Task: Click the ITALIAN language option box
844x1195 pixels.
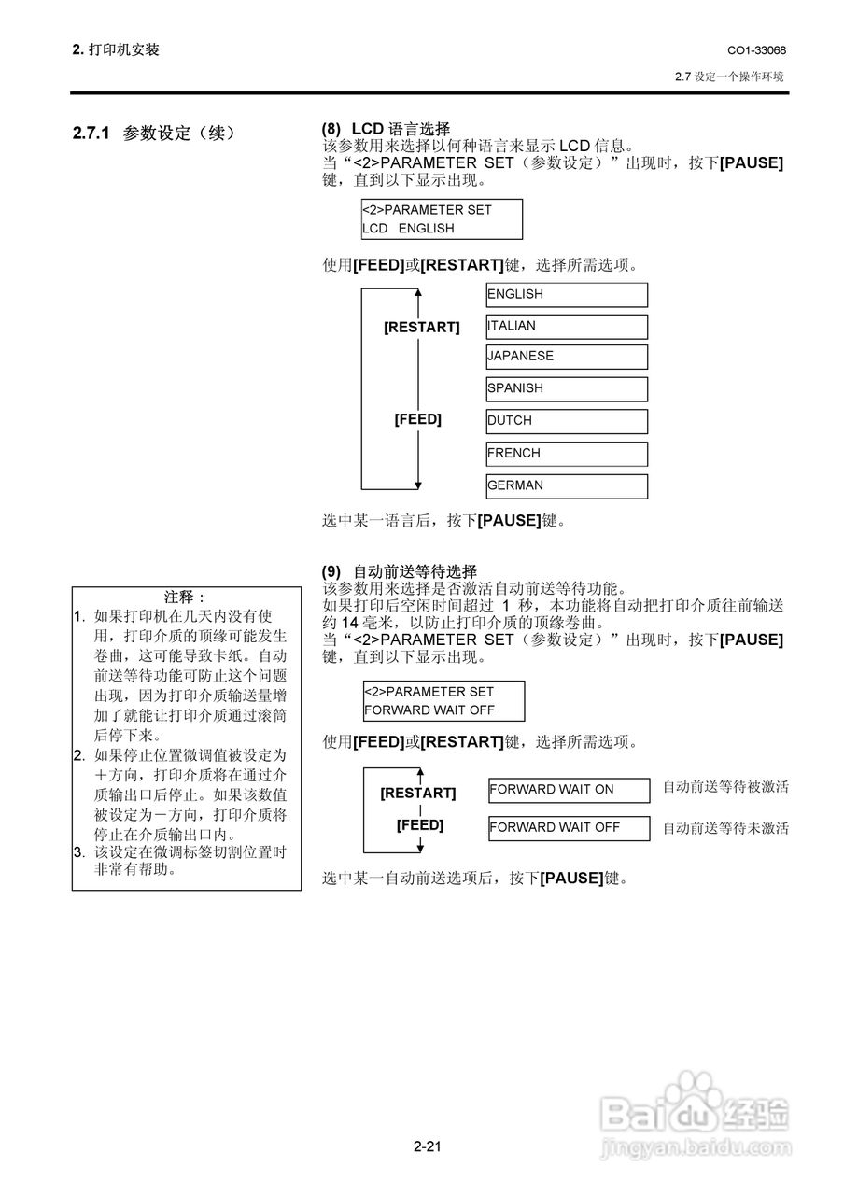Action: click(567, 327)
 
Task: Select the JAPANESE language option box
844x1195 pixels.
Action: click(567, 357)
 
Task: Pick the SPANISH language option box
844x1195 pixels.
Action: click(567, 389)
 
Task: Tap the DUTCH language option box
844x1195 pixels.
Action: click(567, 421)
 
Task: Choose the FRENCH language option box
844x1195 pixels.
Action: click(567, 454)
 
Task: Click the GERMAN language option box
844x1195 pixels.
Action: click(567, 486)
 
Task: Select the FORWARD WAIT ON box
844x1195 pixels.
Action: click(570, 790)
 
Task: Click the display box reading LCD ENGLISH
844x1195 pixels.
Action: click(442, 219)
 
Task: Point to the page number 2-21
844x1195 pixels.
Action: click(428, 1146)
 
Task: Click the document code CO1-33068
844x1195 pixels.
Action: click(756, 50)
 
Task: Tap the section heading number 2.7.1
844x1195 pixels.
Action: click(91, 133)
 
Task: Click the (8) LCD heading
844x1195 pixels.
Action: click(386, 129)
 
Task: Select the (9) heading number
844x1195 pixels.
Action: click(331, 572)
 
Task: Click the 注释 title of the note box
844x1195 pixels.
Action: click(184, 597)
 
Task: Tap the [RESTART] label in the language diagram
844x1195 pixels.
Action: click(421, 327)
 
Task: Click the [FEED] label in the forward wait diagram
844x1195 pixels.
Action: click(420, 824)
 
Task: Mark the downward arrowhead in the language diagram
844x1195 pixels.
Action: click(418, 485)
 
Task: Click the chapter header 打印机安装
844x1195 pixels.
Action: click(124, 49)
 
